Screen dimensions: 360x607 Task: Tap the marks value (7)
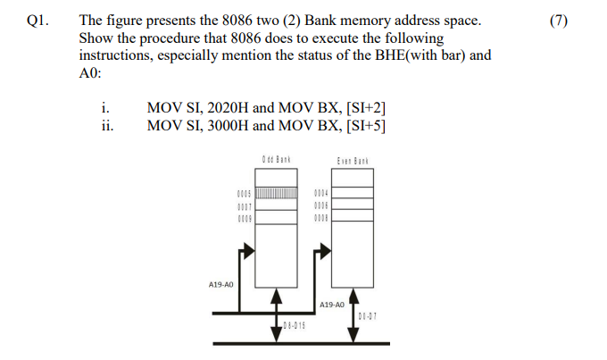(559, 21)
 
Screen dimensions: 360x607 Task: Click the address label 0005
(245, 193)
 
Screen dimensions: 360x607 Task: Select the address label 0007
(245, 205)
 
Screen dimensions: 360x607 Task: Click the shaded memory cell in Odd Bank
(277, 193)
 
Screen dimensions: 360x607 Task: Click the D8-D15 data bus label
(294, 324)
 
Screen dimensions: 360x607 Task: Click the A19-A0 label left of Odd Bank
(220, 284)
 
